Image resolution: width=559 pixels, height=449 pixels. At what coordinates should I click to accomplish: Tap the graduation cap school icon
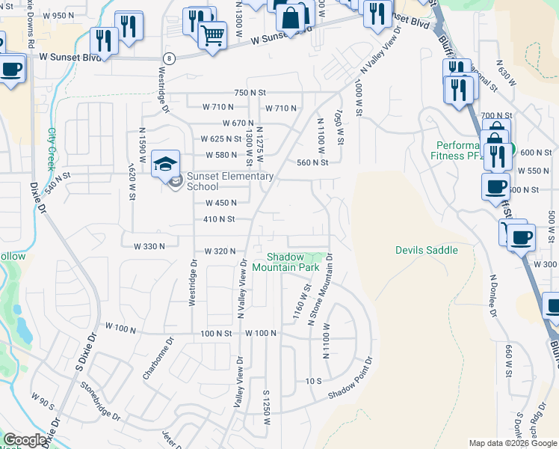[165, 162]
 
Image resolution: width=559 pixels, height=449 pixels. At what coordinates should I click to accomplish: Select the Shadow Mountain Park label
[288, 262]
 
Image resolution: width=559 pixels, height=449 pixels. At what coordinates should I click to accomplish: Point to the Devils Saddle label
[426, 250]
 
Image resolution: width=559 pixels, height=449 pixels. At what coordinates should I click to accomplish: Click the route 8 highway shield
[170, 58]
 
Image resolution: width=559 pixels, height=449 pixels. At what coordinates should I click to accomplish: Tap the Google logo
[25, 440]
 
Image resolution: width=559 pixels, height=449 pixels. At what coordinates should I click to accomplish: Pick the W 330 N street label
[149, 246]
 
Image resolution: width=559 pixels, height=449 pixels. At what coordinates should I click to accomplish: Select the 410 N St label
[220, 219]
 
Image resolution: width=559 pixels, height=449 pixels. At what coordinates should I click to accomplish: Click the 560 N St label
[312, 162]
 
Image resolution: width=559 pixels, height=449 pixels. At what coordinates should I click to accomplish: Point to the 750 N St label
[250, 92]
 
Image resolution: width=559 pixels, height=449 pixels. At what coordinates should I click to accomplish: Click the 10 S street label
[313, 381]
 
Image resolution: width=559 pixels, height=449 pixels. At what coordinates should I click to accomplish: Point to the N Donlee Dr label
[492, 295]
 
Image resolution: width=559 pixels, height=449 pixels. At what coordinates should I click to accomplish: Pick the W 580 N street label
[220, 155]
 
